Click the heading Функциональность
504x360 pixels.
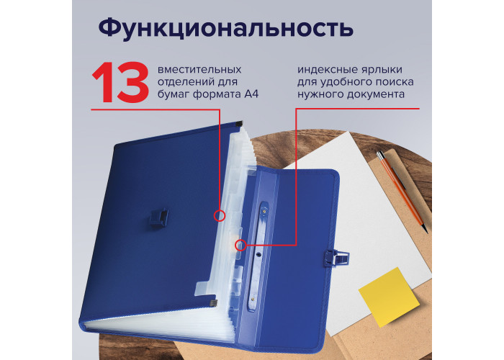click(x=226, y=28)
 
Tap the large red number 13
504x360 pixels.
click(x=120, y=83)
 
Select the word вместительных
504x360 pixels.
click(x=199, y=69)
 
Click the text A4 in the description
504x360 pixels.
click(x=251, y=94)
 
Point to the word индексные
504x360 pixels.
click(x=326, y=70)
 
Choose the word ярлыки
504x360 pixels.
click(x=382, y=71)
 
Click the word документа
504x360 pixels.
click(x=375, y=94)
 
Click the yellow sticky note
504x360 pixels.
click(x=389, y=297)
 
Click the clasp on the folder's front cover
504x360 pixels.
click(x=158, y=219)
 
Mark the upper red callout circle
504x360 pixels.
click(x=220, y=215)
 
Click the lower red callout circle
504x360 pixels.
click(x=240, y=246)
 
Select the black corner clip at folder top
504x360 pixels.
click(x=238, y=123)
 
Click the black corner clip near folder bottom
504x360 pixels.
click(x=213, y=303)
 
